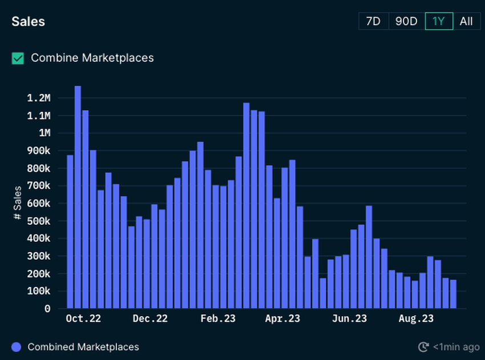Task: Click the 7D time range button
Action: (x=373, y=21)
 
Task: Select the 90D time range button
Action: (x=406, y=21)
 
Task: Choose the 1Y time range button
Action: (x=438, y=21)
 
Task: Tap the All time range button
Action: (x=466, y=21)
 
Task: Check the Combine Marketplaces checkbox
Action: (x=18, y=58)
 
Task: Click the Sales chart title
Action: (x=28, y=22)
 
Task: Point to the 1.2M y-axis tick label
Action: (x=39, y=98)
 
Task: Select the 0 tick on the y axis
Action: (x=47, y=309)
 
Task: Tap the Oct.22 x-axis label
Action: (x=83, y=319)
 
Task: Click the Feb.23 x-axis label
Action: (x=217, y=319)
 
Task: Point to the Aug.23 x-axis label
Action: (x=415, y=319)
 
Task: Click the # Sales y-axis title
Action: (x=18, y=203)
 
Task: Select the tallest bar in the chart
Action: (x=78, y=197)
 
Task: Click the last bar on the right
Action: (x=453, y=294)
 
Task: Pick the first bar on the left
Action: (x=70, y=231)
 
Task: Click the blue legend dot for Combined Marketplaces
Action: (x=16, y=347)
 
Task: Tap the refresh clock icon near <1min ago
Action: (x=423, y=347)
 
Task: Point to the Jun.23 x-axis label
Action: (x=350, y=319)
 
